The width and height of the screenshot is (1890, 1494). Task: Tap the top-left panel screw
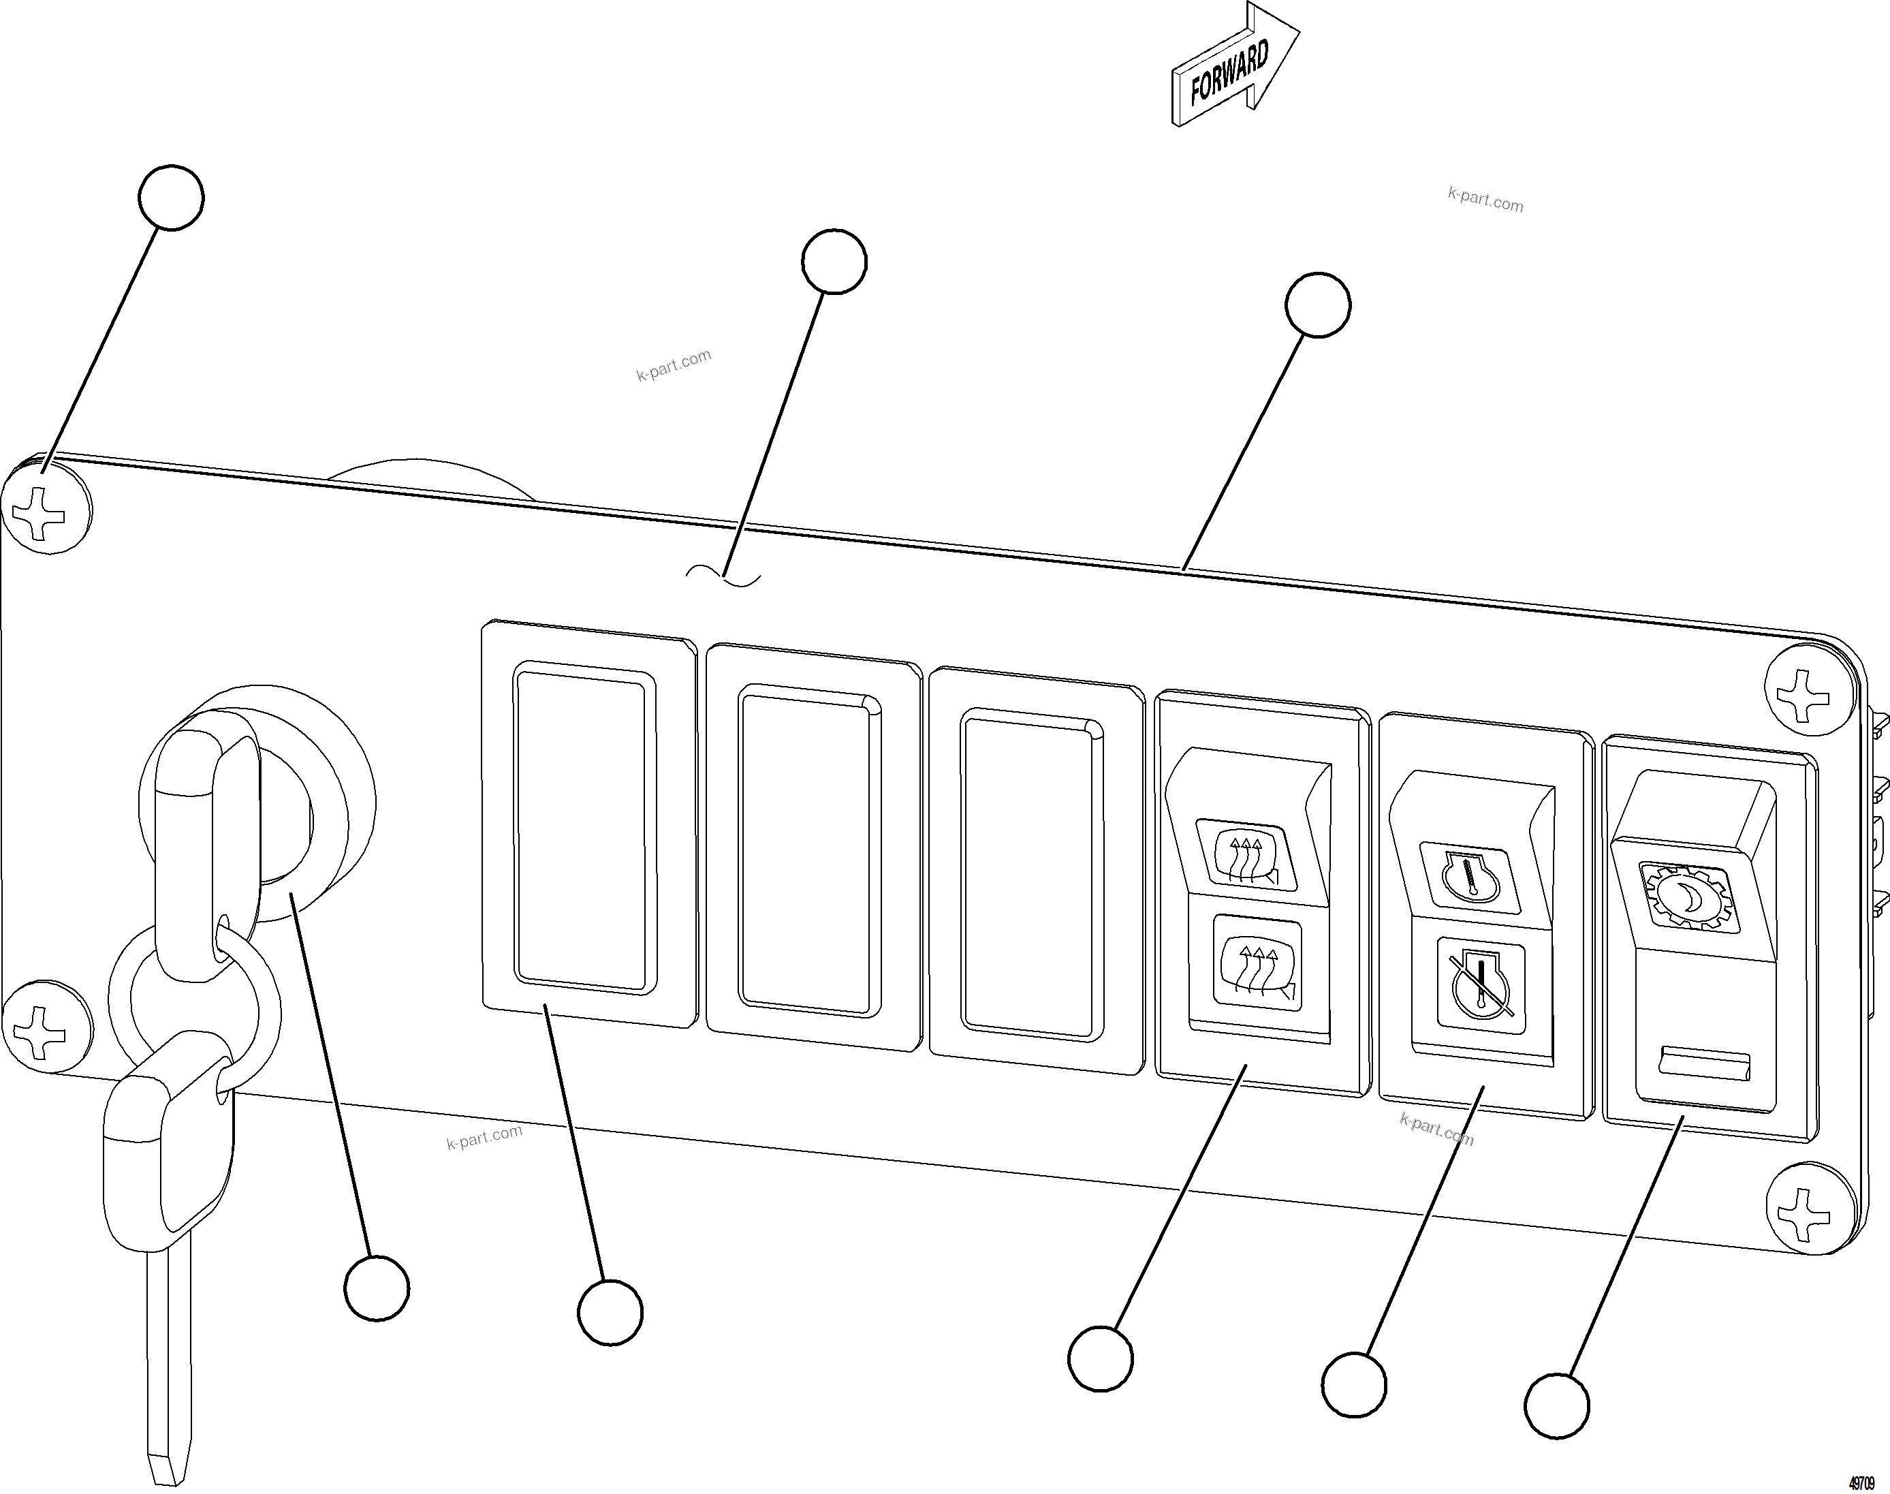pyautogui.click(x=46, y=508)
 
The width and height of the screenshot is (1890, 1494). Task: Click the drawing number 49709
pyautogui.click(x=1862, y=1484)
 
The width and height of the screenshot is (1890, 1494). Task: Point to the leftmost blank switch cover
pyautogui.click(x=584, y=828)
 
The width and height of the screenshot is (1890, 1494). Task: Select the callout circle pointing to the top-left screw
pyautogui.click(x=172, y=198)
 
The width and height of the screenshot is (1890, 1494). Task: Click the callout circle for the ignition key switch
pyautogui.click(x=377, y=1288)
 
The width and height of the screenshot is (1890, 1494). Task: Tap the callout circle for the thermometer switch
pyautogui.click(x=1354, y=1385)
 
